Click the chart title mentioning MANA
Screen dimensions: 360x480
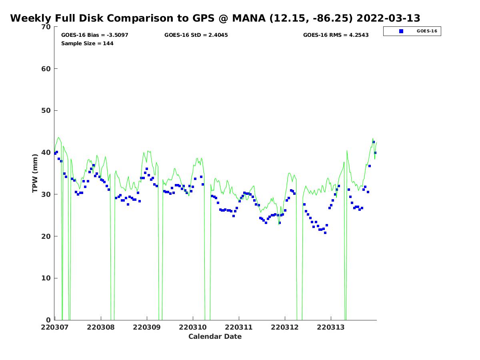pyautogui.click(x=215, y=18)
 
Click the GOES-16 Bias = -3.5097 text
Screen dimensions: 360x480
pyautogui.click(x=95, y=35)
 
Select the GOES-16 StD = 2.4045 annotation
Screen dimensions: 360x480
pyautogui.click(x=196, y=35)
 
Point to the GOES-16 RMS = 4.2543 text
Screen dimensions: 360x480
pyautogui.click(x=336, y=35)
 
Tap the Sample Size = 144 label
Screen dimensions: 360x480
pyautogui.click(x=87, y=44)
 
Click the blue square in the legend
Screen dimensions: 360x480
pyautogui.click(x=401, y=31)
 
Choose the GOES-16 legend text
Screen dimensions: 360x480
pyautogui.click(x=427, y=31)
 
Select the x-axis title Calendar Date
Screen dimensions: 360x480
pyautogui.click(x=215, y=337)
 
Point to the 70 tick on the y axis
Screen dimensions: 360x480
pyautogui.click(x=47, y=27)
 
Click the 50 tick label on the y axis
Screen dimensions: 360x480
pyautogui.click(x=47, y=111)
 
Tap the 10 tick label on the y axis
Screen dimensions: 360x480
pyautogui.click(x=47, y=278)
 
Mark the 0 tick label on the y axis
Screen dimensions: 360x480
pyautogui.click(x=49, y=320)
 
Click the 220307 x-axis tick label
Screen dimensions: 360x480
pyautogui.click(x=55, y=328)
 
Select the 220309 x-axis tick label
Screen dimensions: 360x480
pyautogui.click(x=147, y=328)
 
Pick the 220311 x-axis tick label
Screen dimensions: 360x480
pyautogui.click(x=239, y=328)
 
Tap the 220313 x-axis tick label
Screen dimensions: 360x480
pyautogui.click(x=331, y=328)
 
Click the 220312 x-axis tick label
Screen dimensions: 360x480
pyautogui.click(x=285, y=328)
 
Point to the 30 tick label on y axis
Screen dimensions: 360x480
pyautogui.click(x=47, y=195)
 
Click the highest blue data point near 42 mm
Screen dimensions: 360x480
pyautogui.click(x=374, y=142)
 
